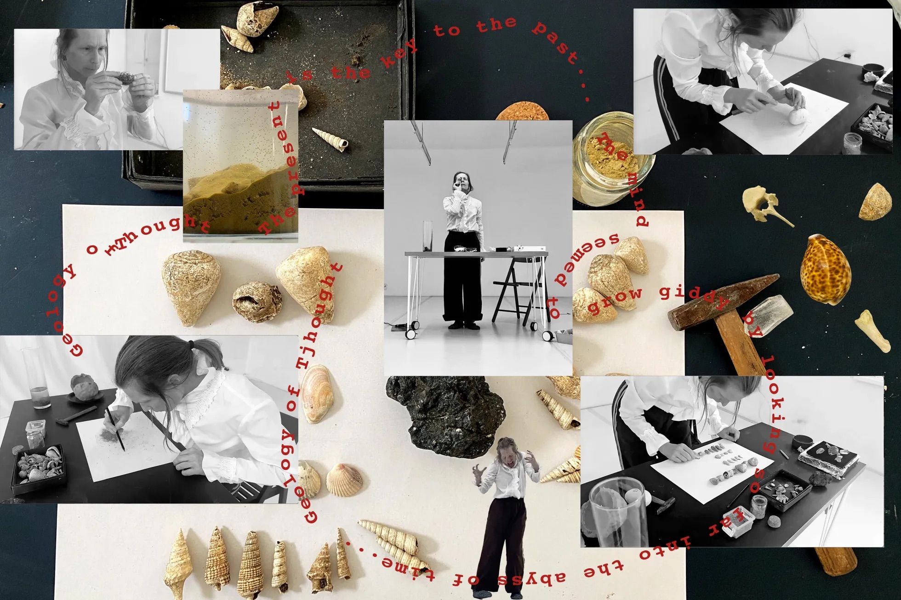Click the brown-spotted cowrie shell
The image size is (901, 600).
click(826, 270)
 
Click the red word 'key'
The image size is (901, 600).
click(398, 55)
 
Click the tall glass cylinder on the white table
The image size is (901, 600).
click(428, 236)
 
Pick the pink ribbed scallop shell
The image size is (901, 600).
click(343, 480)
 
